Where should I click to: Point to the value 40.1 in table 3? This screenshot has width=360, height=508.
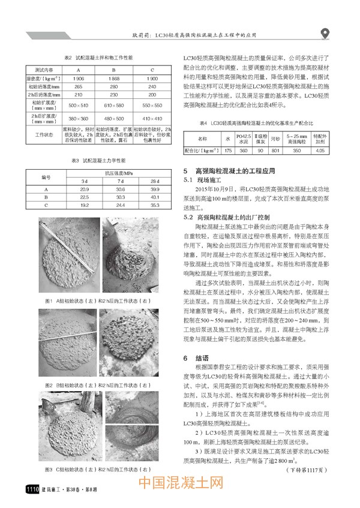154,196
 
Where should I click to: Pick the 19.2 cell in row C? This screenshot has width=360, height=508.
84,205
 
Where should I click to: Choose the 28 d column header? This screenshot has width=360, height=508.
154,181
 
